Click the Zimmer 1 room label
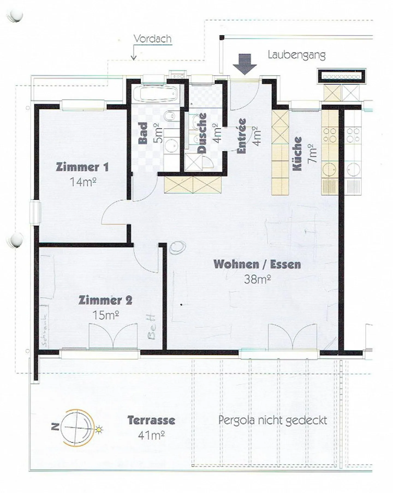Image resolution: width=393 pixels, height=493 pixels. (x=82, y=167)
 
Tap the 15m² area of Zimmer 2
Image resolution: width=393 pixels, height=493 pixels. (x=106, y=315)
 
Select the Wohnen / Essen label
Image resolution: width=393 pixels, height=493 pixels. (x=257, y=264)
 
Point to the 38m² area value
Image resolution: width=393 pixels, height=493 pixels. (x=257, y=279)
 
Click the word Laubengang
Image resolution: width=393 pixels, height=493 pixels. (x=296, y=55)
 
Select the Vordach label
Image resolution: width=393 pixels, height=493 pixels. (x=153, y=39)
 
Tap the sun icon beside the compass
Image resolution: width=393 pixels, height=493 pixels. (x=99, y=429)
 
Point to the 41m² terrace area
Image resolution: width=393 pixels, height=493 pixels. (x=151, y=435)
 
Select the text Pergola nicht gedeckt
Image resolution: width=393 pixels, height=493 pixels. (x=272, y=420)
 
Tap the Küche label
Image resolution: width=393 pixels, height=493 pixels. (x=297, y=154)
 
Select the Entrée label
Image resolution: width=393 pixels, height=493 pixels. (x=242, y=136)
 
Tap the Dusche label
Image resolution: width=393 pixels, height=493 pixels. (x=202, y=133)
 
